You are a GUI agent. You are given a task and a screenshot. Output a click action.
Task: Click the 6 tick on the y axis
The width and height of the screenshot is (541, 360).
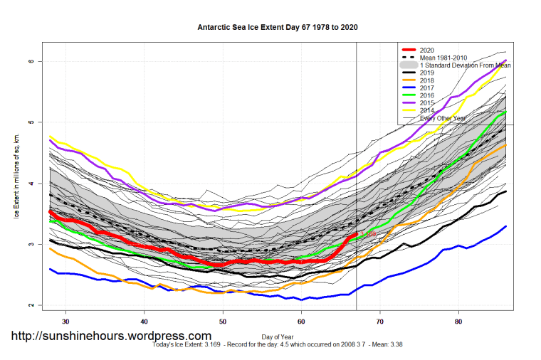(32, 62)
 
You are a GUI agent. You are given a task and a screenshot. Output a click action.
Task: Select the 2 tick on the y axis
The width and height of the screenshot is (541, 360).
(32, 305)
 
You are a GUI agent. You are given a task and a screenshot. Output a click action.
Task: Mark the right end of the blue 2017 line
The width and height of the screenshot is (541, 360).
(505, 226)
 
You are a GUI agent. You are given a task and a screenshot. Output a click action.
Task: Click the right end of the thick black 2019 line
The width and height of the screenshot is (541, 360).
(505, 191)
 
